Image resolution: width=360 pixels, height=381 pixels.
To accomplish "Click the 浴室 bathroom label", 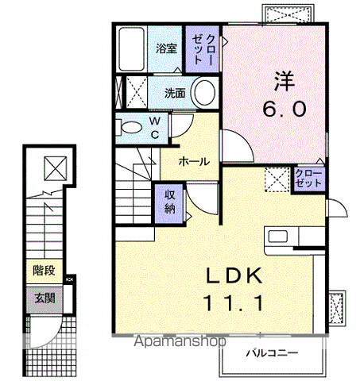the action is click(x=166, y=48).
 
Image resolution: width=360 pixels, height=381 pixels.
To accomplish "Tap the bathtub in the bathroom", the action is click(x=131, y=49).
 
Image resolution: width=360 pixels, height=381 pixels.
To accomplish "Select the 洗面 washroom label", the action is click(x=175, y=93).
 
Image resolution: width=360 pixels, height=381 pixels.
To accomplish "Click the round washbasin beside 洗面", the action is click(x=204, y=93).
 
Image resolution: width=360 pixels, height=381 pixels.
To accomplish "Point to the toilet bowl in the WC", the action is click(x=131, y=128).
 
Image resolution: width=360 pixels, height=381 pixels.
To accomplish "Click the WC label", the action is click(x=155, y=128).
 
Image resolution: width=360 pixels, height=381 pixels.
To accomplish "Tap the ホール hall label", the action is click(x=194, y=161).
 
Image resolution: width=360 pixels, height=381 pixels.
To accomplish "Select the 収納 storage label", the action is click(x=170, y=202).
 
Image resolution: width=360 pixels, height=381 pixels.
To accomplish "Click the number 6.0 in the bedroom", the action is click(x=285, y=109).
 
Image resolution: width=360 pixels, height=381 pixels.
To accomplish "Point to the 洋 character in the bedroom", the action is click(x=285, y=81).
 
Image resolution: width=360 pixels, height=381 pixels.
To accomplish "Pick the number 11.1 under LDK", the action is click(x=234, y=303).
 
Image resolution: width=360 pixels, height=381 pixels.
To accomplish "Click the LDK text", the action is click(x=234, y=275).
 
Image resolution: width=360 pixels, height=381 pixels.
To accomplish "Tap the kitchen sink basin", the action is click(x=278, y=237).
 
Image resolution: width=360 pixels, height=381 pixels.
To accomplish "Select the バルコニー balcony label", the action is click(x=272, y=353).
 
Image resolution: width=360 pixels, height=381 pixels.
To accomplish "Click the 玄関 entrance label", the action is click(x=45, y=298).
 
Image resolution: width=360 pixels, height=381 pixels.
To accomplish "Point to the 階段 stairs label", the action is click(x=44, y=271).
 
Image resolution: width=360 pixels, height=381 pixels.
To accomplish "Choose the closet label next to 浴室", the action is click(x=203, y=49).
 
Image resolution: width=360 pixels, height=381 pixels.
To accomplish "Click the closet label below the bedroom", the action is click(x=308, y=179).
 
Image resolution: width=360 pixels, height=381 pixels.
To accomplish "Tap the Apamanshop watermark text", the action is click(x=180, y=341).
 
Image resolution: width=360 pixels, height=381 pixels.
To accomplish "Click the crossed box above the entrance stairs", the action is click(x=56, y=168).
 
